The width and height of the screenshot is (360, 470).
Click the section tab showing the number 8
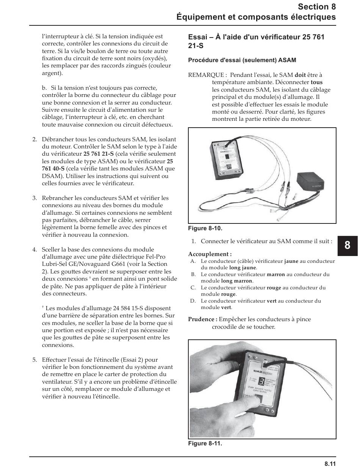(x=347, y=245)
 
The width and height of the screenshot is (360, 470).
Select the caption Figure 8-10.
(x=205, y=228)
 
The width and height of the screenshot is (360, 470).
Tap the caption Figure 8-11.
(x=205, y=443)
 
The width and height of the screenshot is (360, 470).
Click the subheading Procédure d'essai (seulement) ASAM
(x=242, y=60)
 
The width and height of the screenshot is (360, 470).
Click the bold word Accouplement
(x=210, y=254)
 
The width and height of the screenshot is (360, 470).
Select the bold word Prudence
(x=202, y=319)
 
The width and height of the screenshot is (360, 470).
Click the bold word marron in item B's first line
(x=275, y=275)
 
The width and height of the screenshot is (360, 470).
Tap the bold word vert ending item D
(x=226, y=308)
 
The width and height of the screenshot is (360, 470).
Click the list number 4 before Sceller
(x=34, y=250)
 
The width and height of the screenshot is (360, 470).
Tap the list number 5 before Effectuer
(x=34, y=360)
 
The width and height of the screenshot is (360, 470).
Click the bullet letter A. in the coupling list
(x=193, y=261)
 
